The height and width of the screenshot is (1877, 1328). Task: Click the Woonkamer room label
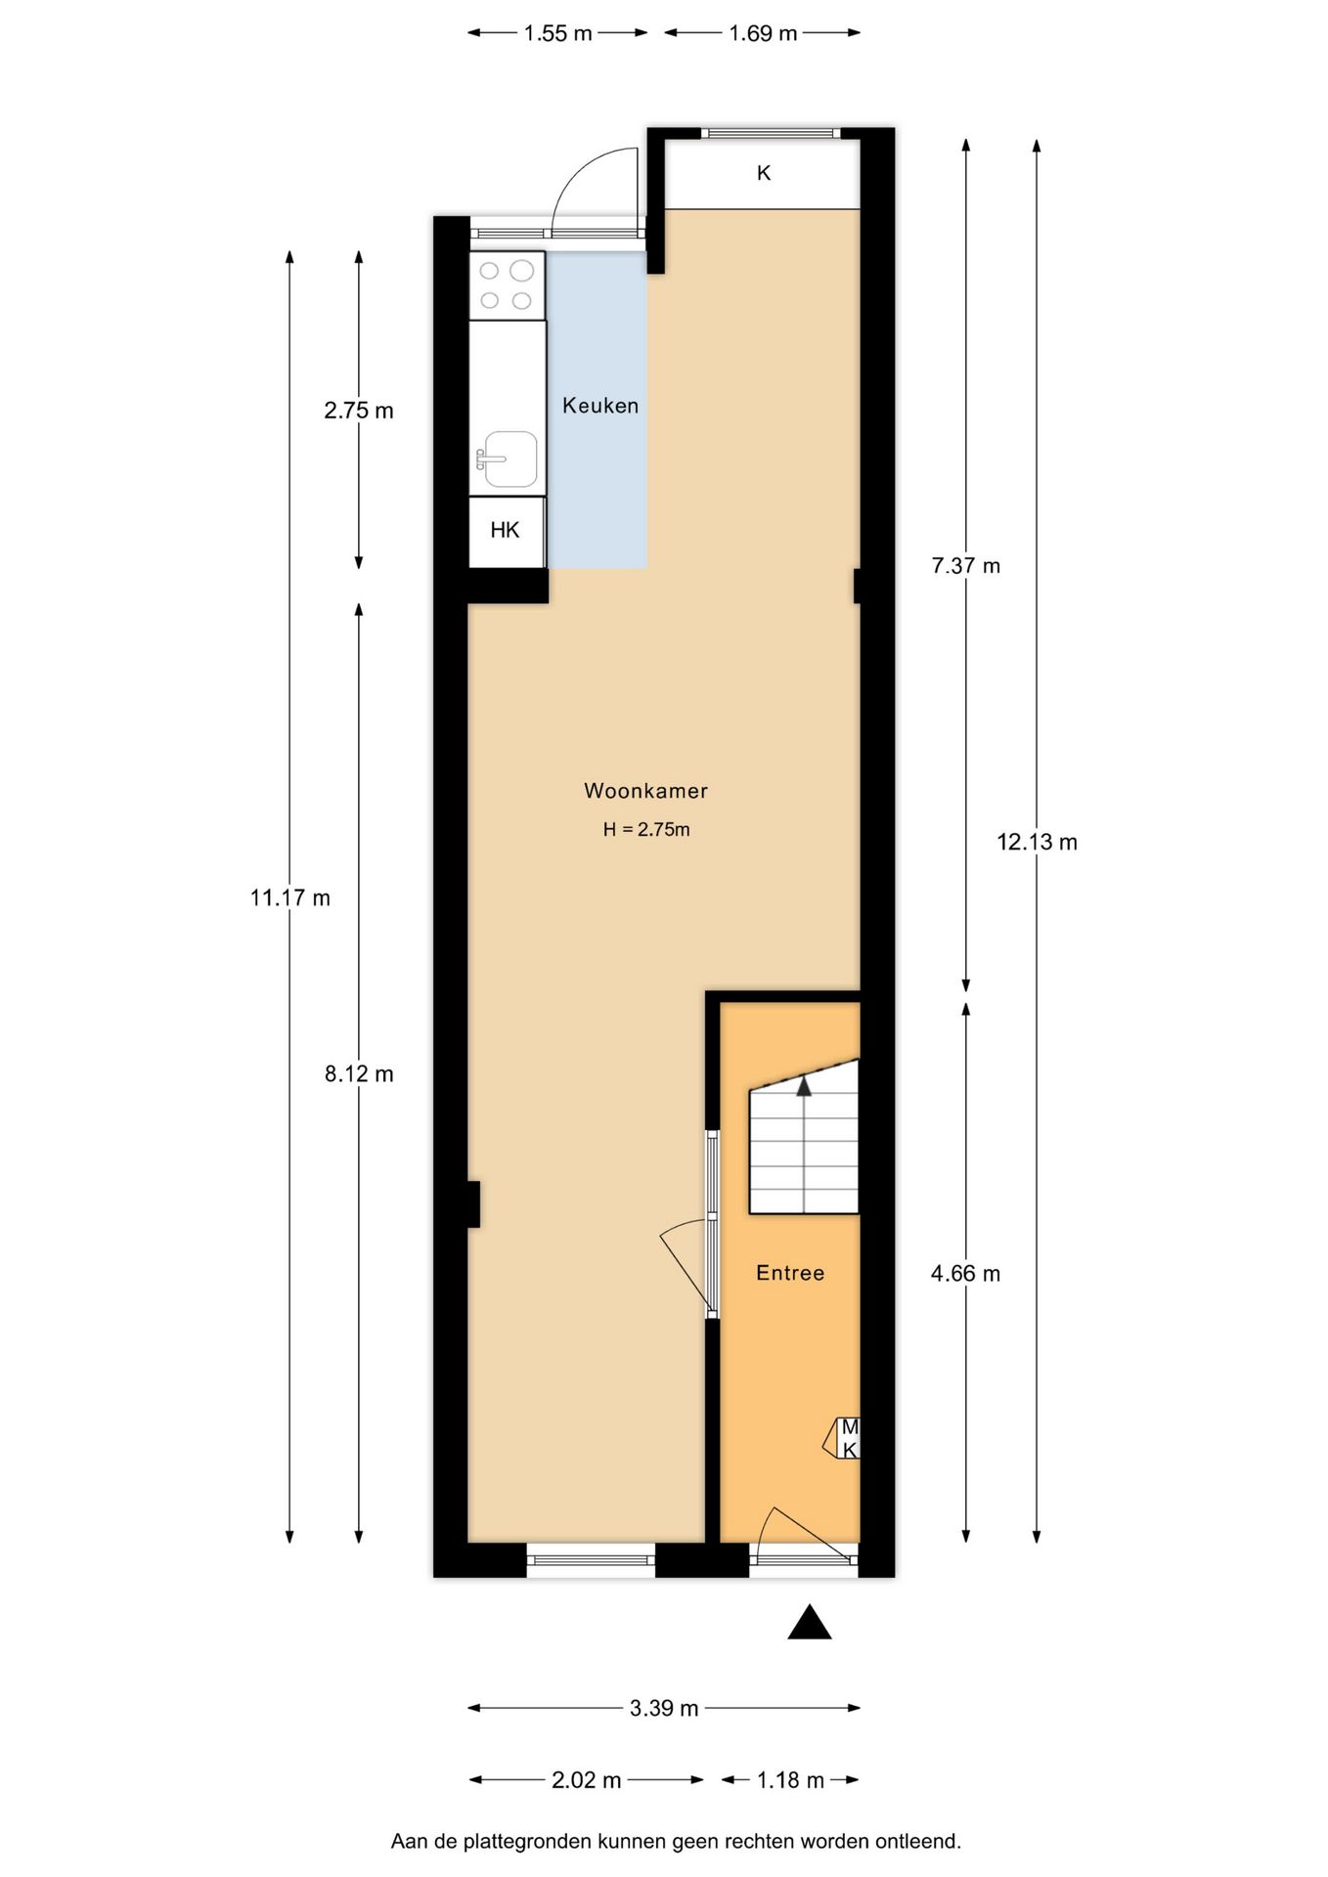[645, 790]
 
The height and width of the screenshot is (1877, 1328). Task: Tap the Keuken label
[599, 406]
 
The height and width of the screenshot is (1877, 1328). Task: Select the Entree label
[790, 1273]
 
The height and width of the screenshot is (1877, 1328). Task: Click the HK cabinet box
[506, 531]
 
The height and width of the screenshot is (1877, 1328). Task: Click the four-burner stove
[507, 285]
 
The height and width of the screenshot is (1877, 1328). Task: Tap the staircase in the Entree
[804, 1149]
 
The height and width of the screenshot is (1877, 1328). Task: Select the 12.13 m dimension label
[1037, 842]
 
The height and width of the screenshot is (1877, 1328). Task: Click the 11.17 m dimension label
[290, 897]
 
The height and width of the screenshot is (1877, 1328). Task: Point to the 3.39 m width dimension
[664, 1708]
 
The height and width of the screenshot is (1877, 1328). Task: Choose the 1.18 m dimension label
[790, 1780]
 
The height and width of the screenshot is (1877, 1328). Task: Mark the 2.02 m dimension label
[587, 1780]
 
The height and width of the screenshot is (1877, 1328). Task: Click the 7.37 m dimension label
[966, 565]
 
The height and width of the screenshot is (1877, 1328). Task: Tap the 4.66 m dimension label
[966, 1273]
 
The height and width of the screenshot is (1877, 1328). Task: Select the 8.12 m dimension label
[359, 1073]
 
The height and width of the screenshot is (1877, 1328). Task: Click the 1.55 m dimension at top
[557, 33]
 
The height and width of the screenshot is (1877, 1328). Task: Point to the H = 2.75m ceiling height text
[646, 830]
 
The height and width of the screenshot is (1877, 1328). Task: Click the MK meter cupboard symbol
[847, 1439]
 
